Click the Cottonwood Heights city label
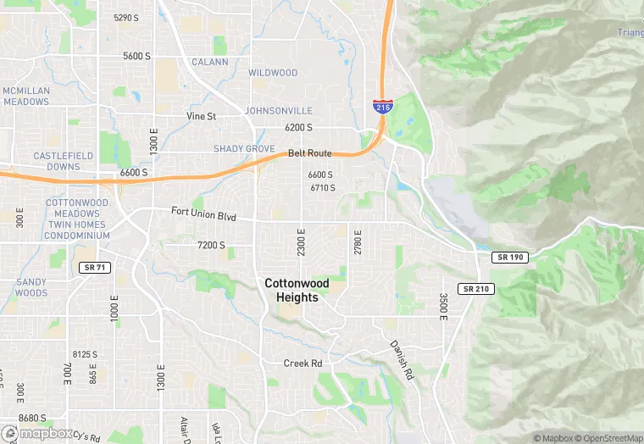(x=291, y=291)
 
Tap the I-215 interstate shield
(x=381, y=106)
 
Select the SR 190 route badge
(x=510, y=257)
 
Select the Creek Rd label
(x=303, y=364)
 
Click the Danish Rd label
(x=402, y=359)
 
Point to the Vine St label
(x=202, y=116)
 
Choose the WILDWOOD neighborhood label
(x=273, y=73)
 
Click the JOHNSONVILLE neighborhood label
(x=278, y=111)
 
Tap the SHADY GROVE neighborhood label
(x=244, y=149)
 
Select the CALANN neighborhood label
(x=209, y=62)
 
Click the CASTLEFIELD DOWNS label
(x=57, y=161)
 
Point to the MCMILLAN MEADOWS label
(x=25, y=96)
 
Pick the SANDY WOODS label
(x=31, y=287)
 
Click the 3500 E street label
(x=442, y=306)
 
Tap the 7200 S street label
(x=211, y=245)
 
